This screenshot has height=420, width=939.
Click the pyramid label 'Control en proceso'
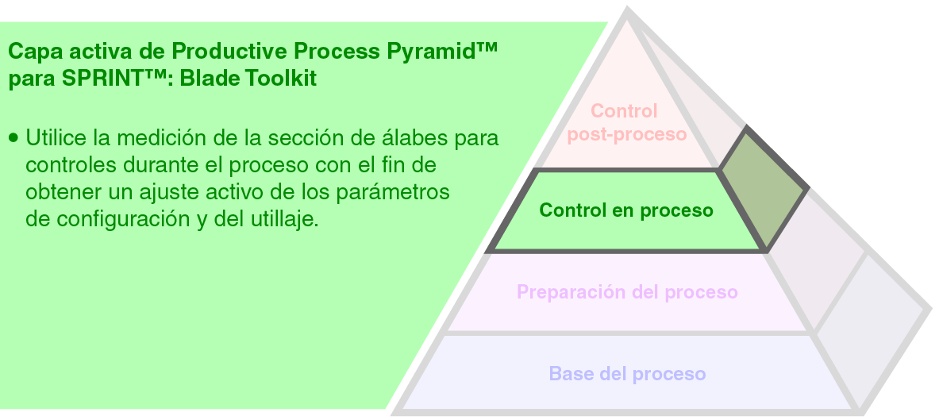tap(626, 210)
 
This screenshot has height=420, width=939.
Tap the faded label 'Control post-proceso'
tap(625, 122)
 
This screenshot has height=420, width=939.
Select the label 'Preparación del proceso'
tap(627, 292)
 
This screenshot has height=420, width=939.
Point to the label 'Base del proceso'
tap(627, 373)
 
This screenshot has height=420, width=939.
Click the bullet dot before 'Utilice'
tap(13, 137)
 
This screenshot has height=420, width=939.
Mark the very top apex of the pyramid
tap(628, 11)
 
